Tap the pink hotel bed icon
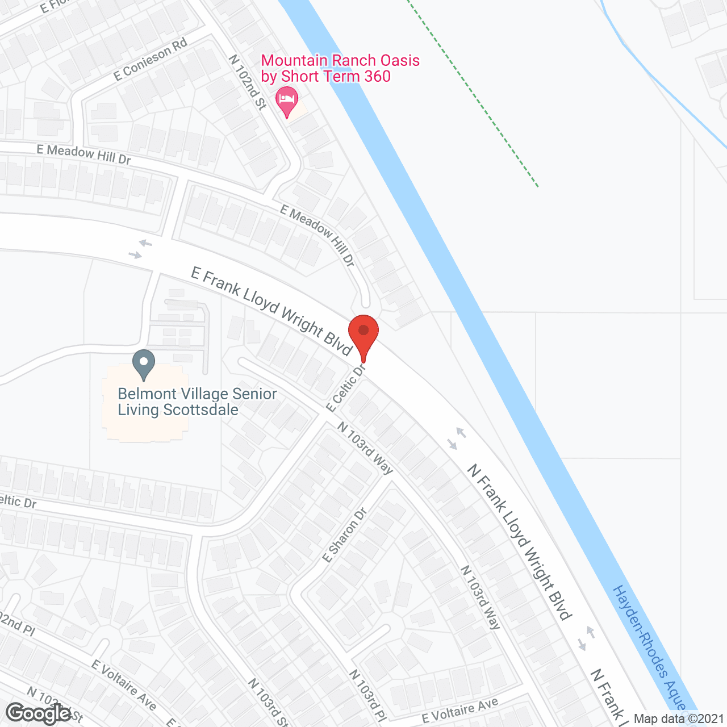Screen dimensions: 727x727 (287, 101)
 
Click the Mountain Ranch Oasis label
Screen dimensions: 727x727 (340, 68)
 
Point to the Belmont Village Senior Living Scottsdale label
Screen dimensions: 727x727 (197, 402)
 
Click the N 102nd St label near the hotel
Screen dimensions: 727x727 (248, 82)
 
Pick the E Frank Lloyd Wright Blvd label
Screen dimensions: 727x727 (271, 311)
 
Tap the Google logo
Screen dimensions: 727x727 (39, 713)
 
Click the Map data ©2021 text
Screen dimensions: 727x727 (679, 719)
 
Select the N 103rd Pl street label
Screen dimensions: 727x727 (367, 696)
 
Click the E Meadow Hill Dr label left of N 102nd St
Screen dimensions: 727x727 (83, 154)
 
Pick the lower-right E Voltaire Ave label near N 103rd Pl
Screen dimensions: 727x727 (460, 710)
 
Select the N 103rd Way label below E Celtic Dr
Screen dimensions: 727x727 (365, 448)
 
